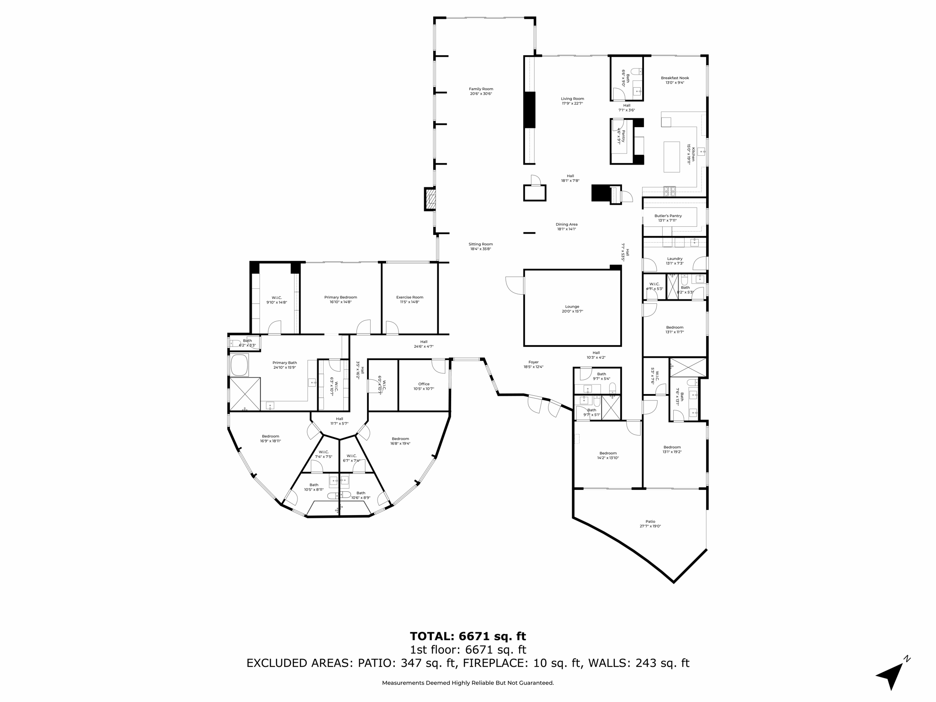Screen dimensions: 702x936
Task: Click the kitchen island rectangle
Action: pyautogui.click(x=671, y=156)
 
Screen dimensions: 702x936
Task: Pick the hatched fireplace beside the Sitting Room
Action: pyautogui.click(x=430, y=199)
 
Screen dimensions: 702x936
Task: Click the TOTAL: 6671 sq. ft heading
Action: pyautogui.click(x=468, y=636)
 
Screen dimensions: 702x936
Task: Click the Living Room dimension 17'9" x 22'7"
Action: pyautogui.click(x=572, y=103)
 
